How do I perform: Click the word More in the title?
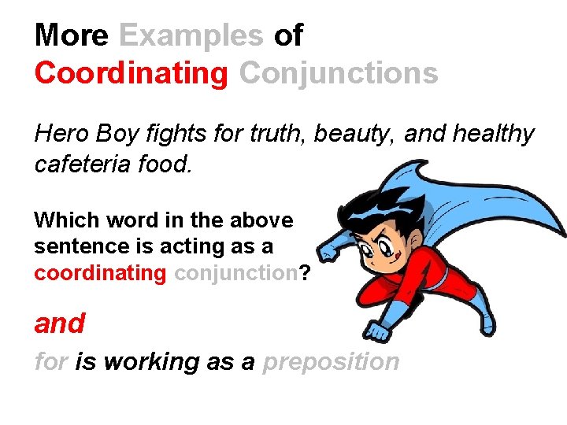(72, 35)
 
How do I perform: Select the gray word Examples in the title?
(191, 35)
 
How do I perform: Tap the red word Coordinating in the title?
(131, 72)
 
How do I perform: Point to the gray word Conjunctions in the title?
(339, 72)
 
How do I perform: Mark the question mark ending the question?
(305, 273)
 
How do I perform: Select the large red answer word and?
(60, 323)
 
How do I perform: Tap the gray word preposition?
(331, 362)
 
